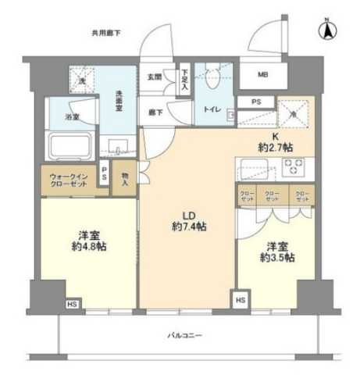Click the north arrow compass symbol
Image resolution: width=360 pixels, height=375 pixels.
coord(327,30)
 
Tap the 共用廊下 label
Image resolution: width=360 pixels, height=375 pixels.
coord(106,32)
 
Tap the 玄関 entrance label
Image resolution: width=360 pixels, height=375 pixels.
coord(154,76)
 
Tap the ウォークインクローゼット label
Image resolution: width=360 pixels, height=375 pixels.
coord(66,180)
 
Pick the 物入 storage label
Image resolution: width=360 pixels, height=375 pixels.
coord(124,179)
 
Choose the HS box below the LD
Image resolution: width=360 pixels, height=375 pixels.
coord(240,298)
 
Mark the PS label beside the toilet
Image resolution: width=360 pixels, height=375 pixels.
coord(256,102)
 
